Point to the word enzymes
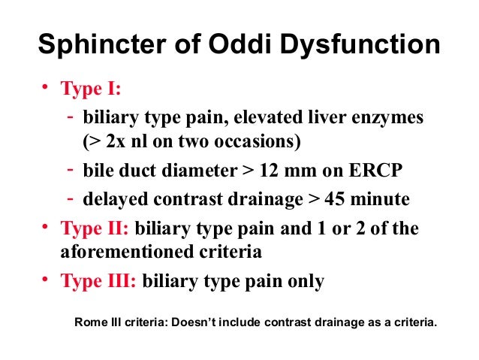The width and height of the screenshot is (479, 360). pos(382,118)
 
